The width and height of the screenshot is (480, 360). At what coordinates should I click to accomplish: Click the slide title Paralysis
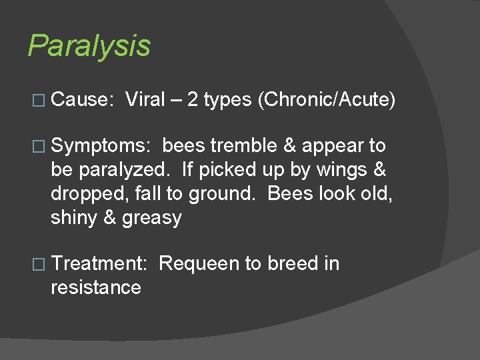pos(89,47)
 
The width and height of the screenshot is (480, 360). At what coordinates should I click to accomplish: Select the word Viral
pos(145,100)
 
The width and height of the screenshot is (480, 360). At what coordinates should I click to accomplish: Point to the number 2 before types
pos(192,100)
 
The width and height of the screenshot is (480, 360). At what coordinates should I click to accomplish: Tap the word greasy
pos(151,218)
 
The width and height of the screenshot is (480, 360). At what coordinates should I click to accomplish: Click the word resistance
pos(95,288)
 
